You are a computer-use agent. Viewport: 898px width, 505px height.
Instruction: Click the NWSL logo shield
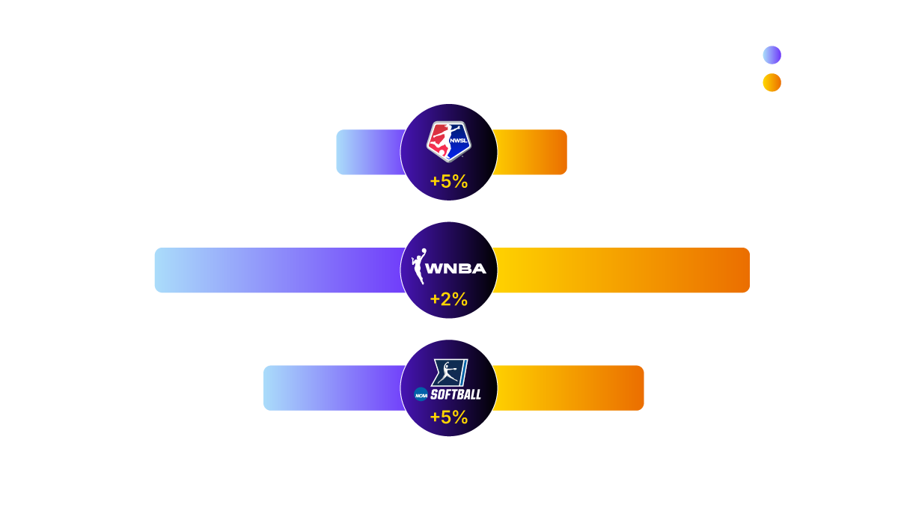[447, 141]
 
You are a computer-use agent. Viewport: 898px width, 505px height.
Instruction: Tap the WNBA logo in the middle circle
[447, 267]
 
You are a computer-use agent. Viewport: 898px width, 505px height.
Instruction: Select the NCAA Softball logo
[448, 380]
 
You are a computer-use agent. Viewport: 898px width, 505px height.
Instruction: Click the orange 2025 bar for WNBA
[621, 270]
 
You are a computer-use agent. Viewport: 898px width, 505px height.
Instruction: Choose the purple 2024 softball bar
[333, 388]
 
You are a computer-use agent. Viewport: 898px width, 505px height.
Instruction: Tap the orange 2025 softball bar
[569, 388]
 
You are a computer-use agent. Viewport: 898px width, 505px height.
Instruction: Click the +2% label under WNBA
[448, 300]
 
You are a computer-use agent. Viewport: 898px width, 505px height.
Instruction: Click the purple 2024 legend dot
[772, 56]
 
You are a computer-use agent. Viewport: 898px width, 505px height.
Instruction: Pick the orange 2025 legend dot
[772, 83]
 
